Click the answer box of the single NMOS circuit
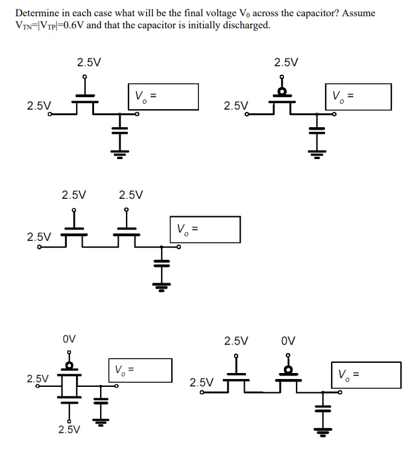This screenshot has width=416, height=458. tap(163, 96)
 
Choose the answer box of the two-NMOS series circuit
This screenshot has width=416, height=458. tap(206, 229)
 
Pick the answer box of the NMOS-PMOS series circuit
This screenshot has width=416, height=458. tap(366, 374)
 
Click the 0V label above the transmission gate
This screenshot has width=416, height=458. tap(69, 339)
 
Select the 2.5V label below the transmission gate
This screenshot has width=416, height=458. tap(69, 430)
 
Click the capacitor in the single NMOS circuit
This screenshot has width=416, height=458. tap(120, 131)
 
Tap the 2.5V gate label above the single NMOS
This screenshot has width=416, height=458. tap(89, 62)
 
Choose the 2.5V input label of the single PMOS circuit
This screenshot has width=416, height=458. tap(236, 106)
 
